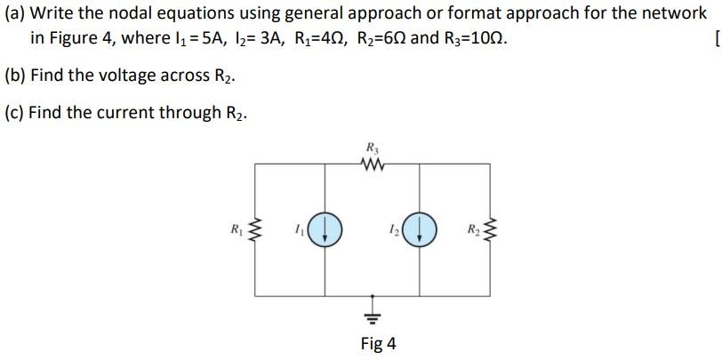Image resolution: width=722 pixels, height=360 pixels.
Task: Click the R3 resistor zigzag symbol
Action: tap(371, 163)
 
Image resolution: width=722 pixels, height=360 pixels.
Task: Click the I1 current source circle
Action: tap(328, 231)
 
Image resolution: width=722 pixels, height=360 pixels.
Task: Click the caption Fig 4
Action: tap(379, 343)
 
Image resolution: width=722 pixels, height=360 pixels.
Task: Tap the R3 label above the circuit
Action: tap(371, 148)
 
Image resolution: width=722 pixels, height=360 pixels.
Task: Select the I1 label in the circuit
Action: tap(301, 231)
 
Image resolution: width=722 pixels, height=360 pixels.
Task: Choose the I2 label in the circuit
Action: tap(394, 231)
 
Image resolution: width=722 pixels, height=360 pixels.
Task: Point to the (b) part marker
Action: tap(15, 76)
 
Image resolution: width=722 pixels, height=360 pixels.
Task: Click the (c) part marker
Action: tap(15, 113)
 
